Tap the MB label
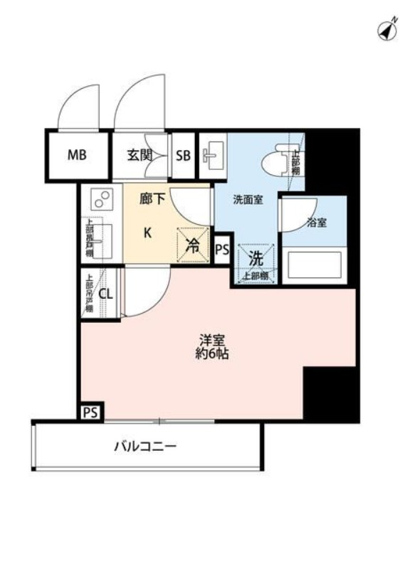pos(77,154)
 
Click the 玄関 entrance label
pos(140,154)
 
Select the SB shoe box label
pos(184,154)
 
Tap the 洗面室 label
pos(248,200)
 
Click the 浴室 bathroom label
pos(317,223)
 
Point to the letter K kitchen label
pos(147,233)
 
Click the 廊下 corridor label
pos(152,200)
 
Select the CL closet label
pos(105,293)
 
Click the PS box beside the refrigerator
pos(222,250)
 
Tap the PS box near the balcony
pos(90,412)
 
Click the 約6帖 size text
pos(213,353)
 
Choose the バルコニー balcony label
pos(144,447)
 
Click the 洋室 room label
pos(213,339)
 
